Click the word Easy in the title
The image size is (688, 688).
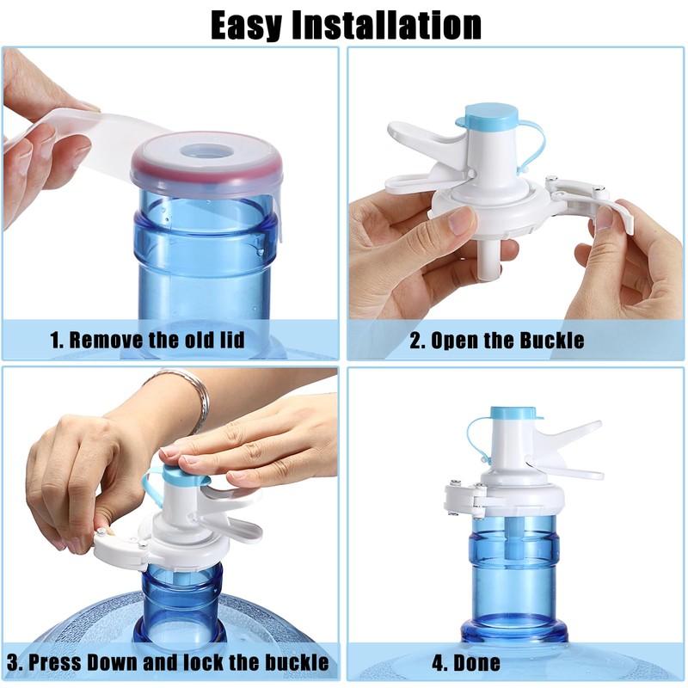pyautogui.click(x=246, y=26)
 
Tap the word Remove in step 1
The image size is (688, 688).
pyautogui.click(x=107, y=340)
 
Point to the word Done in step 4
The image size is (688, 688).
pyautogui.click(x=477, y=662)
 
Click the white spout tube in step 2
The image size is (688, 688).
pyautogui.click(x=490, y=261)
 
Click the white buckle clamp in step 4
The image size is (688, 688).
pyautogui.click(x=465, y=501)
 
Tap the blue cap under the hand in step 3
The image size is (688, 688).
pyautogui.click(x=182, y=476)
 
